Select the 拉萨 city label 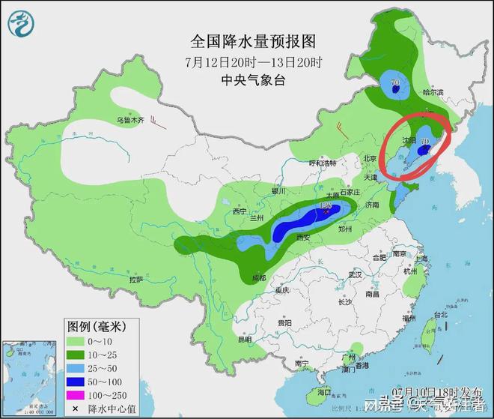(135, 279)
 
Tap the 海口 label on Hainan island (323, 392)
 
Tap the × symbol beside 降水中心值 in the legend (76, 409)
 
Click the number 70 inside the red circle (425, 140)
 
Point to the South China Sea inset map (30, 375)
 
